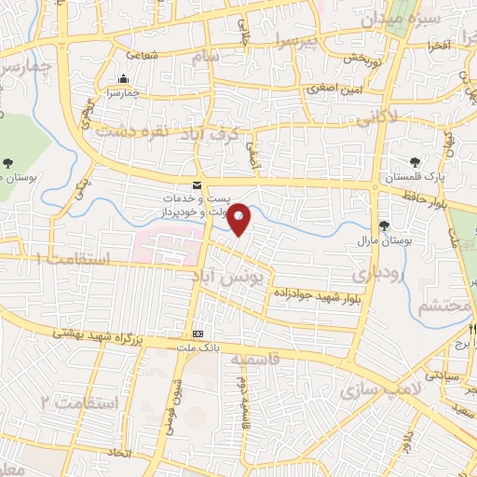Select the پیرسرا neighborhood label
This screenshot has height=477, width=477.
[315, 39]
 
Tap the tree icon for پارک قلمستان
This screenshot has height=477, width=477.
[415, 163]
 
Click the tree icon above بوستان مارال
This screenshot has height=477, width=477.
[384, 225]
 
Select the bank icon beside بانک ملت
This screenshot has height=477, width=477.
[198, 334]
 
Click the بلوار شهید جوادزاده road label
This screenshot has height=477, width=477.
[317, 294]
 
